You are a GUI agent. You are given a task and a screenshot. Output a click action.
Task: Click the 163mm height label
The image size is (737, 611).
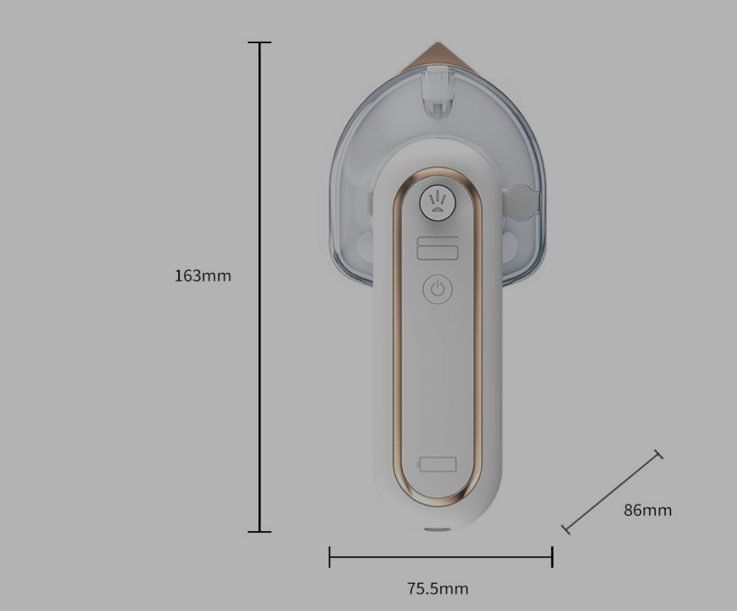click(202, 276)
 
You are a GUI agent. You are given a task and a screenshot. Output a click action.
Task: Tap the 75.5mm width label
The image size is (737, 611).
click(438, 589)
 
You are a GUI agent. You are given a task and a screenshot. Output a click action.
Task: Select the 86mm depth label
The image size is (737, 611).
click(647, 510)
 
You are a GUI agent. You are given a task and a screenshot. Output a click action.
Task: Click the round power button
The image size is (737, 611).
click(438, 289)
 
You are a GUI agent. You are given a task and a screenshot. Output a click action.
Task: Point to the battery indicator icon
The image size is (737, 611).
click(437, 464)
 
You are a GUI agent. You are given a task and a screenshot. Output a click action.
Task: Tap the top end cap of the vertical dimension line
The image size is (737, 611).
click(260, 43)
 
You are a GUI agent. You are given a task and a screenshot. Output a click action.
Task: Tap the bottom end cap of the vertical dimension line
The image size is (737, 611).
click(260, 532)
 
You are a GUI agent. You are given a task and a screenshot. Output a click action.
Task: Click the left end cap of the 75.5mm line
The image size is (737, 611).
click(330, 557)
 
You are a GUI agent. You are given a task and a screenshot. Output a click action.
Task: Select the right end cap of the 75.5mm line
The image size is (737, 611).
click(552, 557)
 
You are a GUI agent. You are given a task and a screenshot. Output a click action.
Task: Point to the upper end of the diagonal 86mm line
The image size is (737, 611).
click(659, 454)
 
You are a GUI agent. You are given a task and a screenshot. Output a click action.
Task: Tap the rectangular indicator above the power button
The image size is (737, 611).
click(438, 248)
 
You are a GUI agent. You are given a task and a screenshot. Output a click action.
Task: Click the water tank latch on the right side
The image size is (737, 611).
click(524, 202)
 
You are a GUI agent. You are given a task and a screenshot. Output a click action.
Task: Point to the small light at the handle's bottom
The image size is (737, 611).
click(437, 530)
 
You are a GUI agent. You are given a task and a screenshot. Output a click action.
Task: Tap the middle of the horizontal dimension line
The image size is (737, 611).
click(441, 557)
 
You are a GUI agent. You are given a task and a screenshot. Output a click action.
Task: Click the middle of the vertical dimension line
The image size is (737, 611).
click(260, 287)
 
